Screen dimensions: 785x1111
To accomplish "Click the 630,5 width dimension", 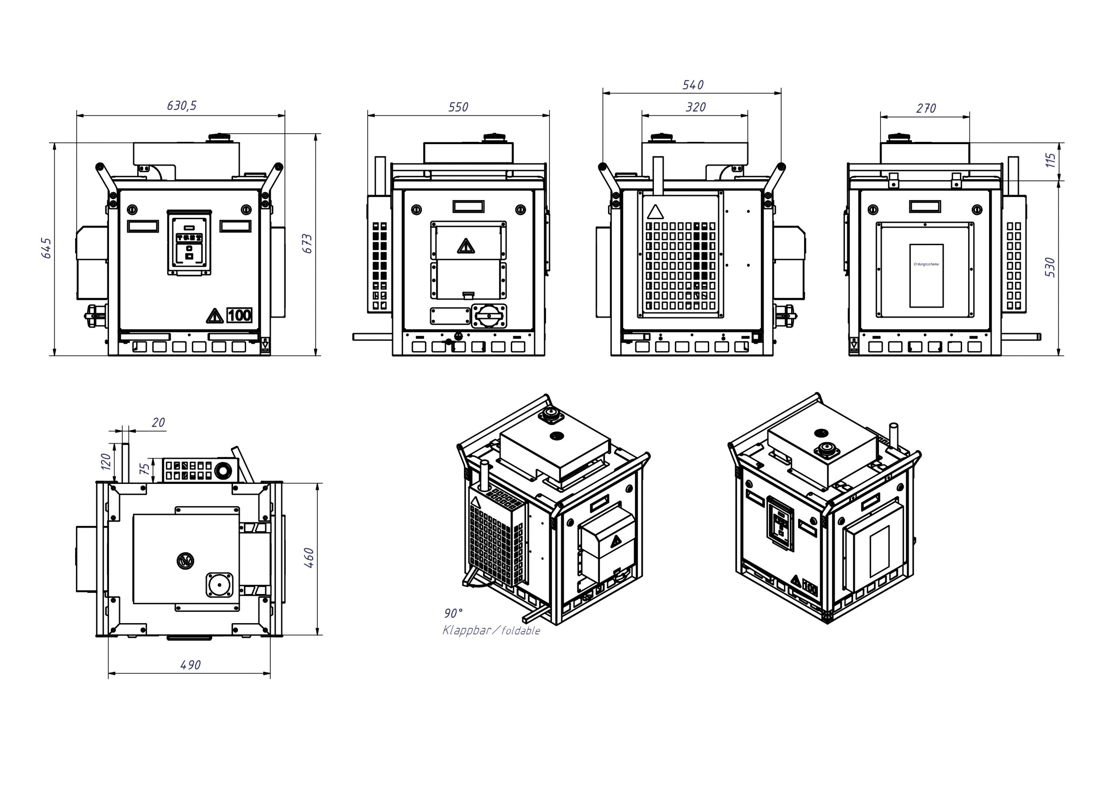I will point(181,105).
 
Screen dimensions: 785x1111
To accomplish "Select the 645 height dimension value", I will point(46,248).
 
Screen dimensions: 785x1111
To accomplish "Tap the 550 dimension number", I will point(458,107).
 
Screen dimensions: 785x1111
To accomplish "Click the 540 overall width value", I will point(693,85).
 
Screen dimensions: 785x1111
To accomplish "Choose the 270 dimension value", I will point(926,108).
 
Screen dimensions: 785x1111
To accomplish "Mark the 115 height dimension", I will point(1051,160).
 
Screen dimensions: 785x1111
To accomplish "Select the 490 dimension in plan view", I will point(190,665).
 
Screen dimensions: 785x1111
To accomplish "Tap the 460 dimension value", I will point(309,558).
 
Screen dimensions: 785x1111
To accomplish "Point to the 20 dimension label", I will point(158,423).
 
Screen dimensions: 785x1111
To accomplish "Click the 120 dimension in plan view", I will point(106,462).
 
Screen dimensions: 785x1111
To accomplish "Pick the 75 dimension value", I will point(144,469).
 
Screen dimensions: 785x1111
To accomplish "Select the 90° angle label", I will point(453,613).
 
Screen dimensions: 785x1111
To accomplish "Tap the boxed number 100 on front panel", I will point(239,315).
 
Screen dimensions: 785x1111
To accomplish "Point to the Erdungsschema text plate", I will point(926,276).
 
